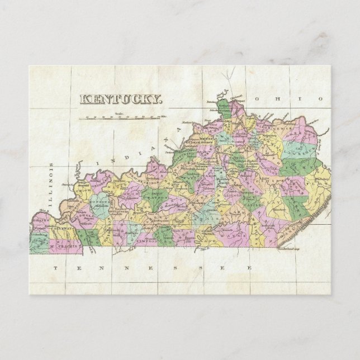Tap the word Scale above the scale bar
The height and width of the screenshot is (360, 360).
click(x=119, y=113)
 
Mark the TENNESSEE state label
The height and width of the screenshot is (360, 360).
click(x=151, y=269)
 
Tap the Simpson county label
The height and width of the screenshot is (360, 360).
click(x=146, y=239)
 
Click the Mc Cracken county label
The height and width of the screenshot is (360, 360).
click(x=66, y=245)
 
